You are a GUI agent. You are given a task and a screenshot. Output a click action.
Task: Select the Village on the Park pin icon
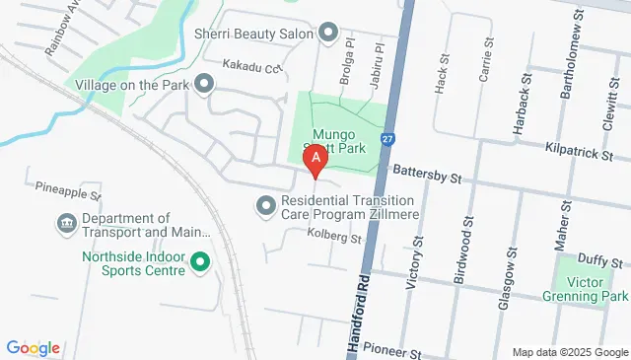coord(204,84)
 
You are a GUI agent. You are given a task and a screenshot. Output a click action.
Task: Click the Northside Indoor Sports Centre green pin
coord(200,262)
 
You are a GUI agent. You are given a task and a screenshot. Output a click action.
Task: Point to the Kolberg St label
coord(334,237)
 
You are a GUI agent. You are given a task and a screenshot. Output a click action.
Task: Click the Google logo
coord(33,347)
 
